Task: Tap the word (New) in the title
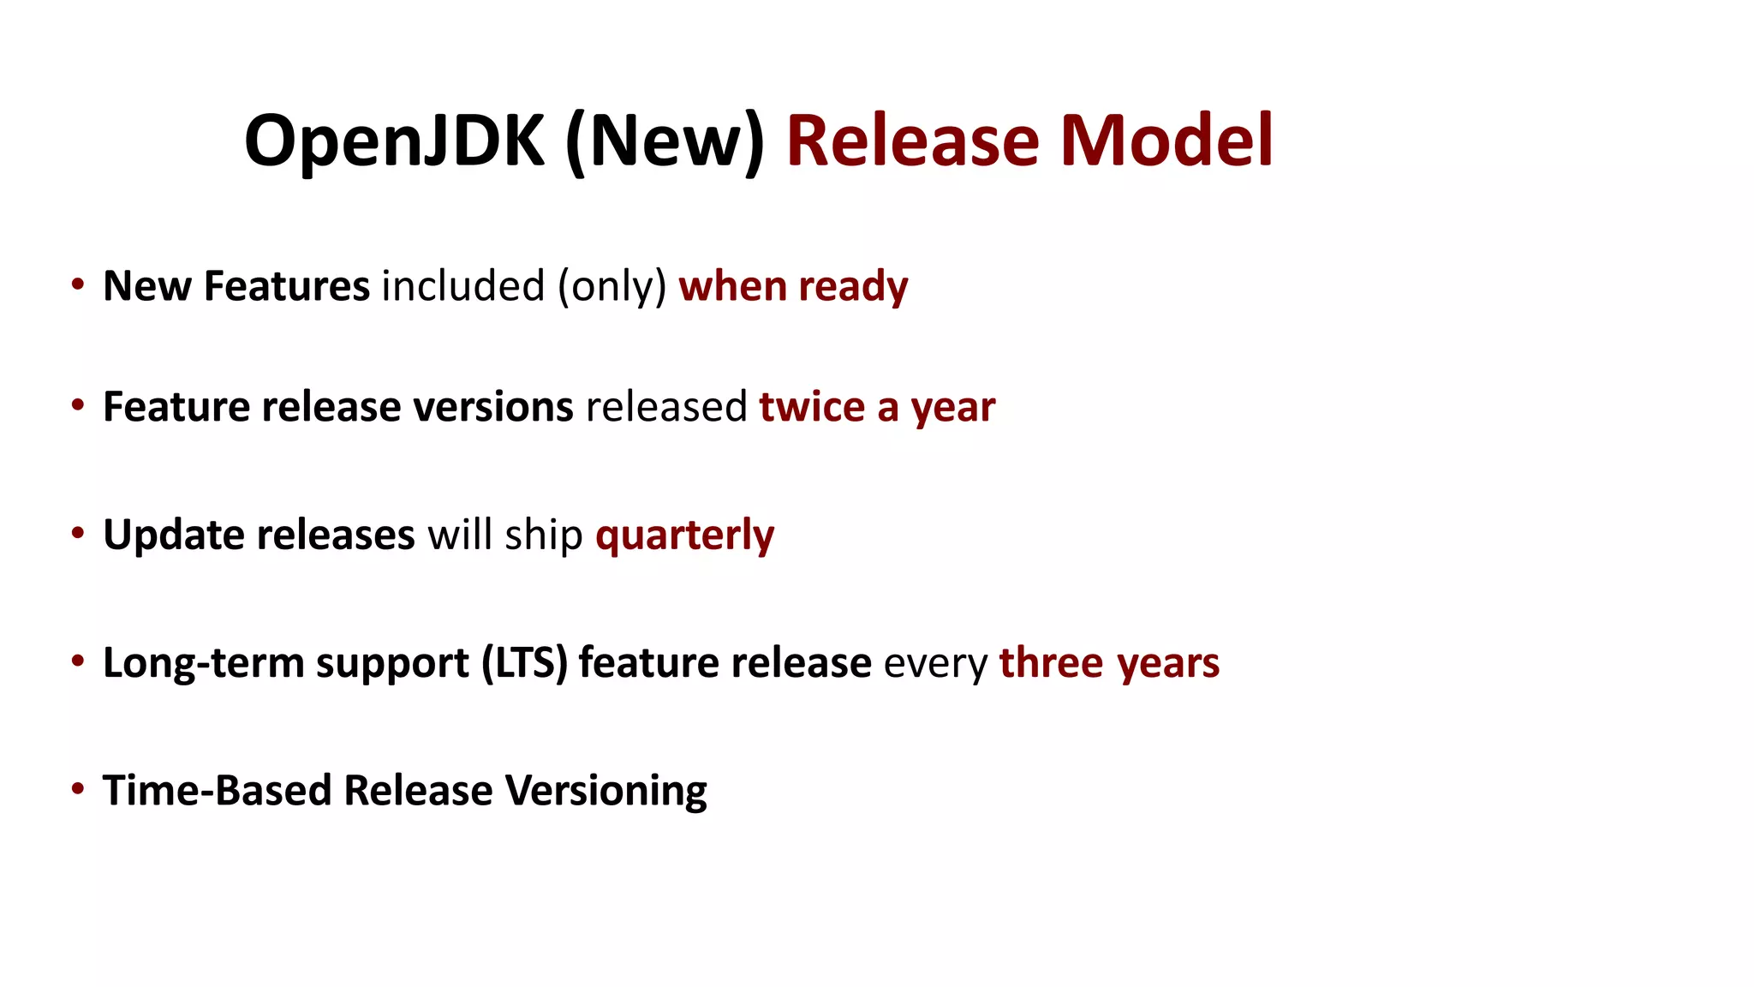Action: pyautogui.click(x=665, y=141)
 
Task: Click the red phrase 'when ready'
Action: pyautogui.click(x=793, y=287)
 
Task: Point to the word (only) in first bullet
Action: pyautogui.click(x=612, y=287)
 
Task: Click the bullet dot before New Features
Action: pyautogui.click(x=78, y=284)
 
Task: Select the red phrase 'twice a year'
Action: pyautogui.click(x=877, y=407)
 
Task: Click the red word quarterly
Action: pyautogui.click(x=685, y=535)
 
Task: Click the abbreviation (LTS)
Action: pyautogui.click(x=524, y=663)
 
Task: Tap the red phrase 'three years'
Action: pyautogui.click(x=1109, y=663)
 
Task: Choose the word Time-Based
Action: pyautogui.click(x=217, y=790)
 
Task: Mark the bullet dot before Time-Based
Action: pyautogui.click(x=78, y=787)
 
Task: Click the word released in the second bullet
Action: pyautogui.click(x=666, y=407)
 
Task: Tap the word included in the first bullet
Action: pyautogui.click(x=462, y=286)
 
